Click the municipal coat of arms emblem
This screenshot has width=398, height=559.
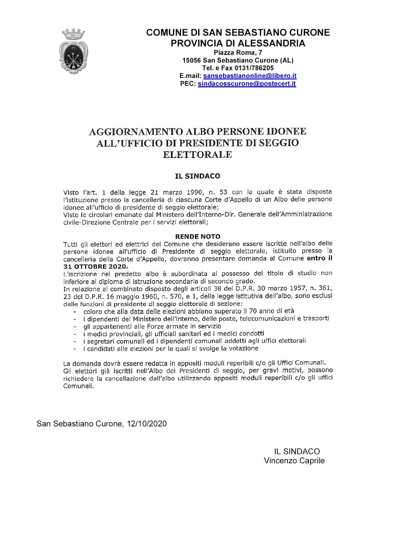73,52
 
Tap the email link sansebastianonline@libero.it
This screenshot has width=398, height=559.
249,76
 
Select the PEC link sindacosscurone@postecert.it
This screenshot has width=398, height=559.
247,84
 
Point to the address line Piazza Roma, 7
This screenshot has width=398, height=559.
238,53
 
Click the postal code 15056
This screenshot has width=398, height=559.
191,60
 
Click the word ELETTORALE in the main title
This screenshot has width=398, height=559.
197,154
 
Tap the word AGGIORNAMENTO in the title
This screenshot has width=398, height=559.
136,132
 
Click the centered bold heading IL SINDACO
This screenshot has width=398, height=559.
197,176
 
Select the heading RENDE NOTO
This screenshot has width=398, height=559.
197,237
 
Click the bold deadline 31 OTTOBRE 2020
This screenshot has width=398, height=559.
96,267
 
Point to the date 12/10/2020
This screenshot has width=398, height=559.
147,424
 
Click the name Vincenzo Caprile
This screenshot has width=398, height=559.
294,461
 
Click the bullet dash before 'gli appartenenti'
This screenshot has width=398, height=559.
75,327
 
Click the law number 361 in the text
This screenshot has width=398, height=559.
326,289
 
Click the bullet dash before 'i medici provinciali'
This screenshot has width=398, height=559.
75,334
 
